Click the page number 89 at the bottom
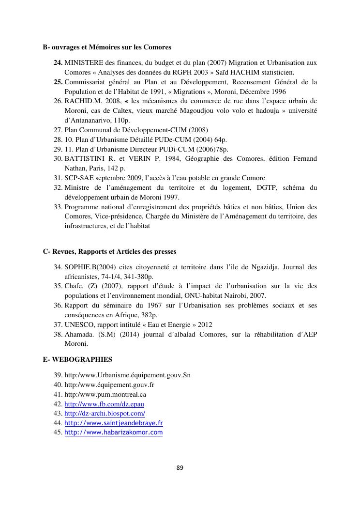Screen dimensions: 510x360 tap(180, 467)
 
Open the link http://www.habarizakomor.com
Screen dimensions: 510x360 tap(113, 432)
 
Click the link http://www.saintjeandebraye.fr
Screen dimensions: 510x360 tap(113, 423)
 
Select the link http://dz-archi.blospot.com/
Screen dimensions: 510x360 tap(105, 413)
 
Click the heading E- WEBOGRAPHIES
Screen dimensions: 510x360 tap(77, 359)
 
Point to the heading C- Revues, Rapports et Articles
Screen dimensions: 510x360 tap(109, 251)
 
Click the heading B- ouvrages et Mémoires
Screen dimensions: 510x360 tap(107, 47)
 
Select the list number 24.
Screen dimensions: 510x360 tap(58, 62)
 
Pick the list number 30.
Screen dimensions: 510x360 tap(58, 158)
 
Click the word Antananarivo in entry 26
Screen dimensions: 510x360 tap(88, 120)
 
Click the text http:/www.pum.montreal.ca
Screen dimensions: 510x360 tap(105, 394)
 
